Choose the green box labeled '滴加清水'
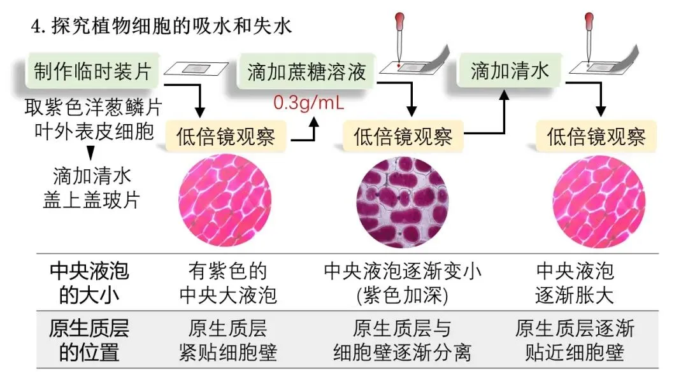click(509, 71)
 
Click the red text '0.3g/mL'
click(308, 102)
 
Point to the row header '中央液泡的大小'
click(89, 283)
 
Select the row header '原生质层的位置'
click(89, 341)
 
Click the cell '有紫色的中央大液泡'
click(228, 283)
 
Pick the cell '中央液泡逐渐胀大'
click(575, 283)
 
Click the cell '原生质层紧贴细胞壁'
click(228, 341)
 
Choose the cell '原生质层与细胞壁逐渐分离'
click(403, 341)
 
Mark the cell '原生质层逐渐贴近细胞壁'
click(575, 341)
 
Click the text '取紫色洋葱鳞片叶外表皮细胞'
click(89, 119)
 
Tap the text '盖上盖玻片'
click(96, 199)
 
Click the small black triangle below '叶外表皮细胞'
click(90, 153)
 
